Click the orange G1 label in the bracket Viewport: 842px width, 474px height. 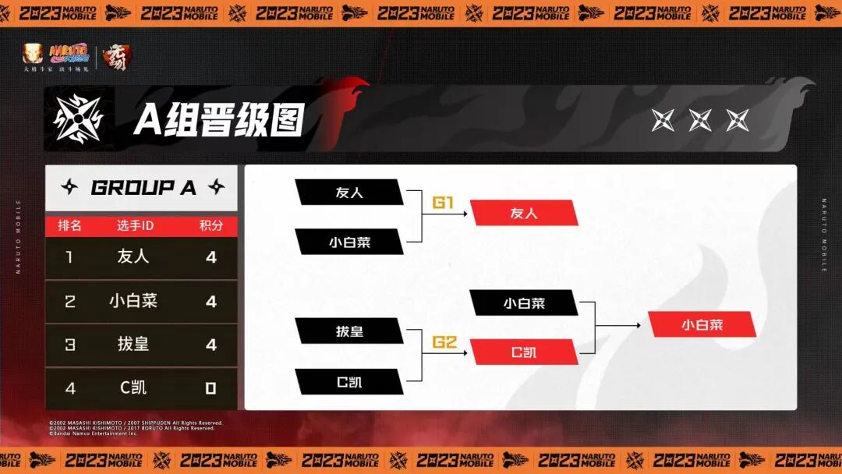(x=443, y=203)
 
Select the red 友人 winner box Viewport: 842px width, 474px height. (x=523, y=213)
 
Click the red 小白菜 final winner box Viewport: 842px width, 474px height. (x=702, y=324)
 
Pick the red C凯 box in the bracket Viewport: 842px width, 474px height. (x=523, y=352)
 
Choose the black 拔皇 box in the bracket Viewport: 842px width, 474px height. (x=349, y=331)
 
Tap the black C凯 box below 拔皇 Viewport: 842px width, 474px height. (x=349, y=382)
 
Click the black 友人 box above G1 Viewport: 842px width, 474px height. (x=349, y=192)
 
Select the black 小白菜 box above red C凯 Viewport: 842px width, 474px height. (x=523, y=303)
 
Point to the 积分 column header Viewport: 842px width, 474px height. (x=210, y=226)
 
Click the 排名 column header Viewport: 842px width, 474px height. (x=70, y=226)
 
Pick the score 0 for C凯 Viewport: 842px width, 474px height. (x=210, y=388)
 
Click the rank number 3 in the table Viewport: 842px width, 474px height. (x=70, y=345)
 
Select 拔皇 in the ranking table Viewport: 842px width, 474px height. (x=133, y=345)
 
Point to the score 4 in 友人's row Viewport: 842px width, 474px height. (x=210, y=256)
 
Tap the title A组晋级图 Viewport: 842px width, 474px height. (x=218, y=119)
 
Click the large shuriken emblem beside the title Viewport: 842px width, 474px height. (x=78, y=119)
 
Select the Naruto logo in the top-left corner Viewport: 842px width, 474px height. (x=69, y=53)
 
